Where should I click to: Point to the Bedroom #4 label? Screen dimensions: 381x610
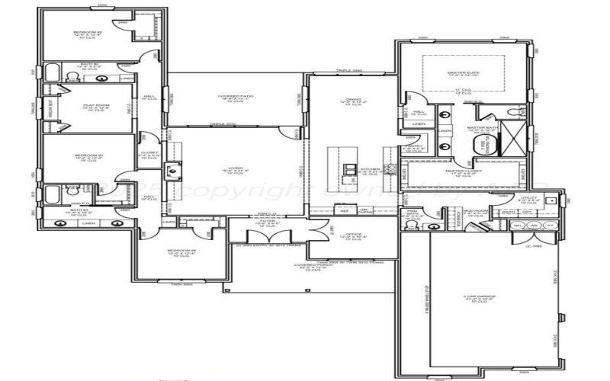[x=181, y=251]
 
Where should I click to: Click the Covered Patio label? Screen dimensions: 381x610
[x=236, y=98]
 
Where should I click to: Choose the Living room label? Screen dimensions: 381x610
[x=236, y=171]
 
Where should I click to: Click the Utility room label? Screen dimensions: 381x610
[x=529, y=200]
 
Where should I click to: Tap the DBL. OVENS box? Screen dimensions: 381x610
[x=365, y=211]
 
